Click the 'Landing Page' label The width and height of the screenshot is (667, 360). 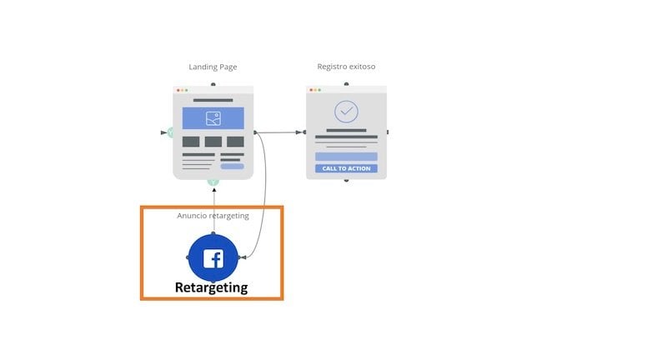213,67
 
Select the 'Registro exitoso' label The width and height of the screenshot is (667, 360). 346,67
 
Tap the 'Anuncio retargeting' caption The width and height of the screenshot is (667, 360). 213,216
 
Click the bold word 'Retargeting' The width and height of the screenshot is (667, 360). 211,287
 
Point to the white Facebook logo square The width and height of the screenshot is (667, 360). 213,258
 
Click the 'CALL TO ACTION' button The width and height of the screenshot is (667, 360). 346,168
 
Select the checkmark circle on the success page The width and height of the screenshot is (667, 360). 346,112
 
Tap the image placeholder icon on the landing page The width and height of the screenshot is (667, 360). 213,118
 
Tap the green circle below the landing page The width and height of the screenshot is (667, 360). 213,181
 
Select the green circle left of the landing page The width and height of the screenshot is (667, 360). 171,132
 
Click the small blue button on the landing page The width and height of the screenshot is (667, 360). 233,166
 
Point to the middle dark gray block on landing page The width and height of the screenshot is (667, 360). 213,142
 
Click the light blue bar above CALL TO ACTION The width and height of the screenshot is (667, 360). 346,156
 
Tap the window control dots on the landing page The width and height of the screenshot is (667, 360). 181,90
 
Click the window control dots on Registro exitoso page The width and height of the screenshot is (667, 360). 314,90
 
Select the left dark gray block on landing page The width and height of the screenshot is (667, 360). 191,142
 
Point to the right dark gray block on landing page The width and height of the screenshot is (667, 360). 235,142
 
